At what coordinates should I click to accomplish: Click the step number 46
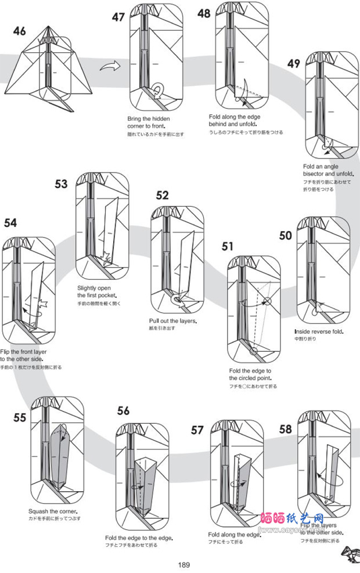[x=20, y=31]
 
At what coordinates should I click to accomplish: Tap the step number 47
[x=118, y=17]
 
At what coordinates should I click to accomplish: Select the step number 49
[x=294, y=63]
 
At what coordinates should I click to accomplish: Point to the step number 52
[x=163, y=196]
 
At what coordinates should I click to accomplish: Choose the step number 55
[x=20, y=417]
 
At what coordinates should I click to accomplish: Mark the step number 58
[x=285, y=429]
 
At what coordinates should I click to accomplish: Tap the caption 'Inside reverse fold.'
[x=319, y=331]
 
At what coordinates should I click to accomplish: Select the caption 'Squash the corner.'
[x=53, y=511]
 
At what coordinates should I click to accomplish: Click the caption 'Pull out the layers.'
[x=173, y=321]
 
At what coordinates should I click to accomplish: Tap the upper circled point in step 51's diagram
[x=267, y=301]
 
